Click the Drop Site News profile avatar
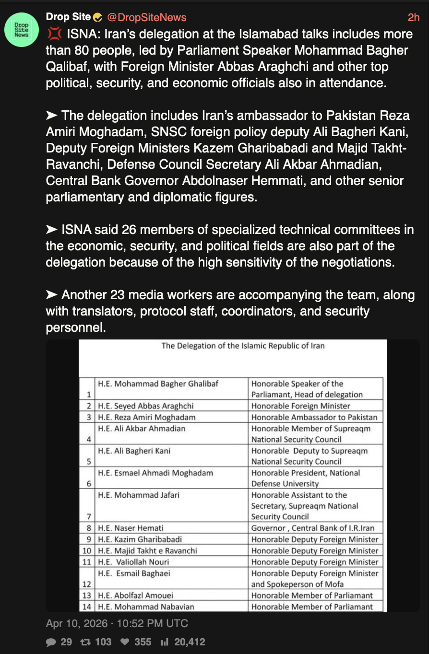(x=22, y=29)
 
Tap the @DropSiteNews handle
(x=146, y=17)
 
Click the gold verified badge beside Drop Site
(x=97, y=18)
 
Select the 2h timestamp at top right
(x=413, y=17)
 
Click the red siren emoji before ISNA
(x=54, y=34)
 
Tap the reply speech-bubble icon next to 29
(x=51, y=642)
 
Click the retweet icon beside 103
(x=84, y=642)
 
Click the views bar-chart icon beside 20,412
(x=165, y=642)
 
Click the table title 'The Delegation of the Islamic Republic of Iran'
(x=243, y=346)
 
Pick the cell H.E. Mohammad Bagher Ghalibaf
(x=158, y=384)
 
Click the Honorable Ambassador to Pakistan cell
(x=314, y=417)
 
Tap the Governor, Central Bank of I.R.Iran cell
(x=313, y=528)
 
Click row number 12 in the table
(x=87, y=584)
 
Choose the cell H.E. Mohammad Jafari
(x=139, y=495)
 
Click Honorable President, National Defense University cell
(x=306, y=478)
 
